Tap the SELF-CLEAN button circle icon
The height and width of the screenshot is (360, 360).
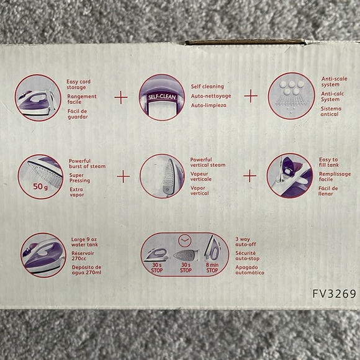pyautogui.click(x=162, y=97)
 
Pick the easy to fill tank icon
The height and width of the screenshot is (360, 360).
pyautogui.click(x=289, y=176)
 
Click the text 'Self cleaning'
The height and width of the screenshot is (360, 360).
pyautogui.click(x=208, y=86)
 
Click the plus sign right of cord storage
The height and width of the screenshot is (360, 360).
pyautogui.click(x=121, y=97)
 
